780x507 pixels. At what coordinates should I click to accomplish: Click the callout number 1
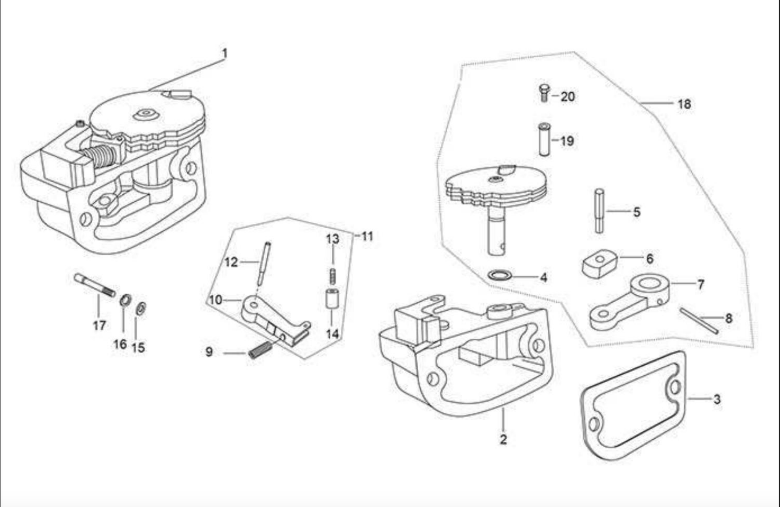(225, 54)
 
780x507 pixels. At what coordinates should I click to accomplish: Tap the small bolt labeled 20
(544, 93)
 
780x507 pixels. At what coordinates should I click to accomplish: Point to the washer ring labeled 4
(500, 274)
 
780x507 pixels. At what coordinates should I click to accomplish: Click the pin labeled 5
(599, 211)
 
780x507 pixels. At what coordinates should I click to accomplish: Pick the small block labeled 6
(599, 263)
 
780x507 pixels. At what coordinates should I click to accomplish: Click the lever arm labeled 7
(630, 302)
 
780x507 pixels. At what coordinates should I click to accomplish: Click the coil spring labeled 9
(260, 350)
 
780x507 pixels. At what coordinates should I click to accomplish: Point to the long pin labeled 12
(264, 264)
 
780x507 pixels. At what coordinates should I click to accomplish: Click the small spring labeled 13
(333, 275)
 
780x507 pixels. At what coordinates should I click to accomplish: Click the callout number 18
(684, 104)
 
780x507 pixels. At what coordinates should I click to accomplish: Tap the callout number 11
(367, 237)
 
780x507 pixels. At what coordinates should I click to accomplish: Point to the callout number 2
(503, 439)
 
